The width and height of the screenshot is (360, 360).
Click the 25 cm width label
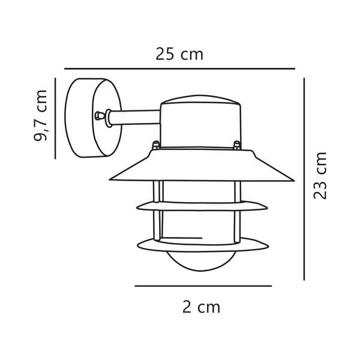pos(179,55)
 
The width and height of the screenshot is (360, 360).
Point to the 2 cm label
pos(201,308)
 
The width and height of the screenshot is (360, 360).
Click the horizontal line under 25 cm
pos(179,68)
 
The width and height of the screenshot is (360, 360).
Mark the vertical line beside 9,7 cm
pos(55,118)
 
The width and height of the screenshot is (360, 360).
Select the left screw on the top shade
pos(156,145)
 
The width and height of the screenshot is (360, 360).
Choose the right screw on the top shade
pos(237,145)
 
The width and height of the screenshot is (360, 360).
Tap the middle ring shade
pos(201,206)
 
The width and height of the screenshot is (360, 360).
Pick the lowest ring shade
pos(201,244)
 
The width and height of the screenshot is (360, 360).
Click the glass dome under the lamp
pos(201,259)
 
